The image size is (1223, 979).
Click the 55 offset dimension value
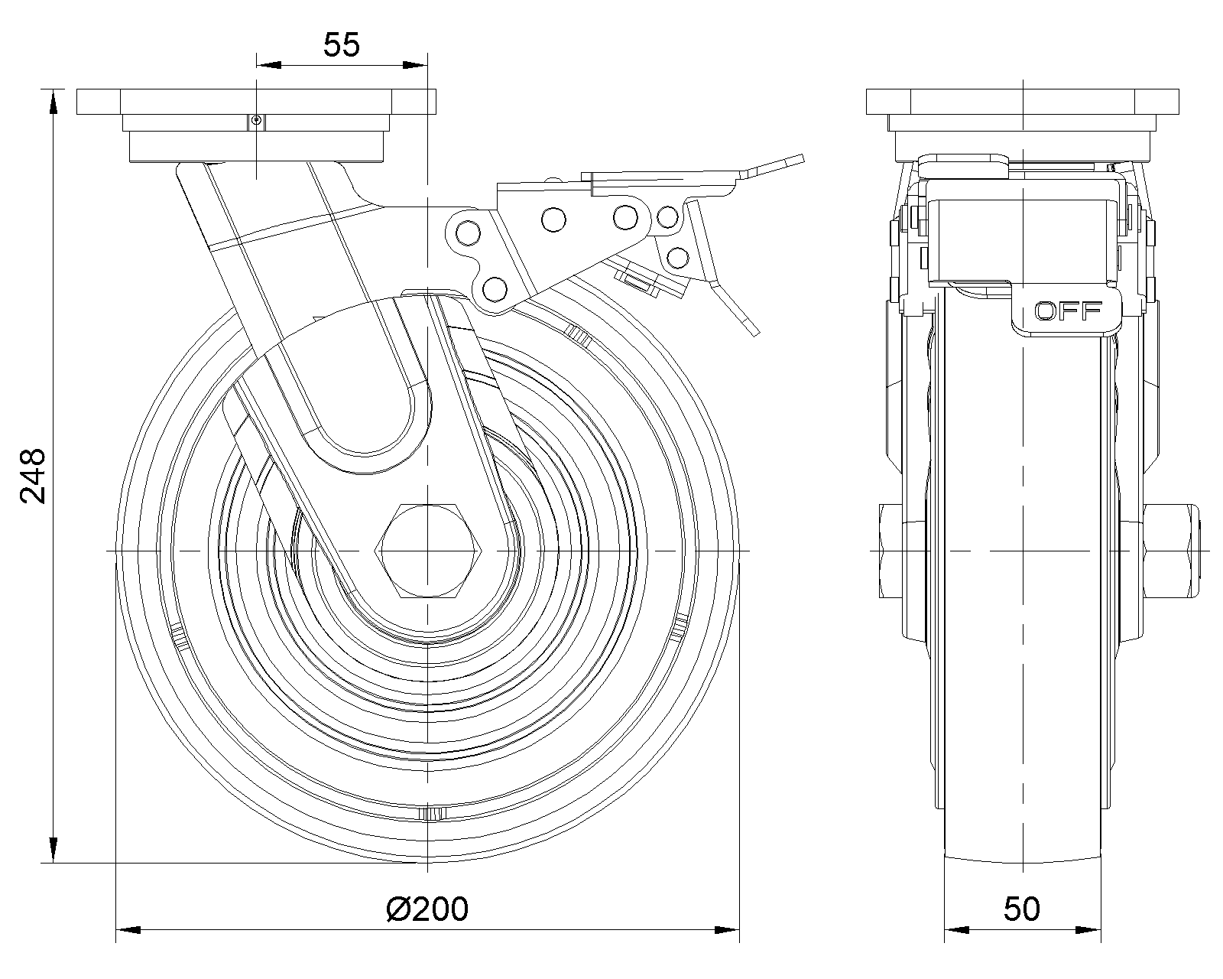click(x=341, y=46)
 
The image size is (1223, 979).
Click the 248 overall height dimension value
click(x=34, y=476)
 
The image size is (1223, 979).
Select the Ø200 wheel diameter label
click(x=427, y=909)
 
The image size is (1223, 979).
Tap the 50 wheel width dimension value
click(x=1022, y=909)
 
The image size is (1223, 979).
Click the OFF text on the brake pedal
click(x=1067, y=311)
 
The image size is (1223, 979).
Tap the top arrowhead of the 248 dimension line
click(x=53, y=103)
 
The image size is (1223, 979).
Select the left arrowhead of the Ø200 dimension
click(x=128, y=930)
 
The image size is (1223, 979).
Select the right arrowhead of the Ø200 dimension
click(x=726, y=930)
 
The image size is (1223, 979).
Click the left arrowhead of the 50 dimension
click(x=958, y=930)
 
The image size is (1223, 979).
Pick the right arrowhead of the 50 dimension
click(x=1089, y=930)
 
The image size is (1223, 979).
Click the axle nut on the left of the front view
click(x=890, y=551)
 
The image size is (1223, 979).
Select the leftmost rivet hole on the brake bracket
click(x=467, y=231)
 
